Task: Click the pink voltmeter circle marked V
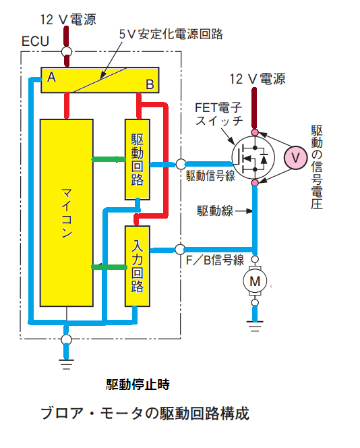(295, 157)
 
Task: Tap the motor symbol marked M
(255, 281)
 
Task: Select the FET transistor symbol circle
(253, 157)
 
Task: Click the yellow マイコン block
(67, 213)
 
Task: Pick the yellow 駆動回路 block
(138, 159)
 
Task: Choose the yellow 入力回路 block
(138, 267)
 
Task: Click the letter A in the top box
(51, 77)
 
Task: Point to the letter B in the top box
(150, 84)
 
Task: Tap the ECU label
(36, 41)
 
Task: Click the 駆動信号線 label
(210, 175)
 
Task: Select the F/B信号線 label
(215, 260)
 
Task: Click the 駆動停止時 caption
(138, 385)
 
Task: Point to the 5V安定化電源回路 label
(171, 34)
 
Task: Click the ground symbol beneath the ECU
(66, 364)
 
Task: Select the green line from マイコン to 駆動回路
(109, 159)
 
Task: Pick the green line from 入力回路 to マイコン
(109, 267)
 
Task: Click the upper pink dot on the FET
(255, 132)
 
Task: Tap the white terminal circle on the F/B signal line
(180, 250)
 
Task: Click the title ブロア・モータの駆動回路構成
(145, 414)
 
